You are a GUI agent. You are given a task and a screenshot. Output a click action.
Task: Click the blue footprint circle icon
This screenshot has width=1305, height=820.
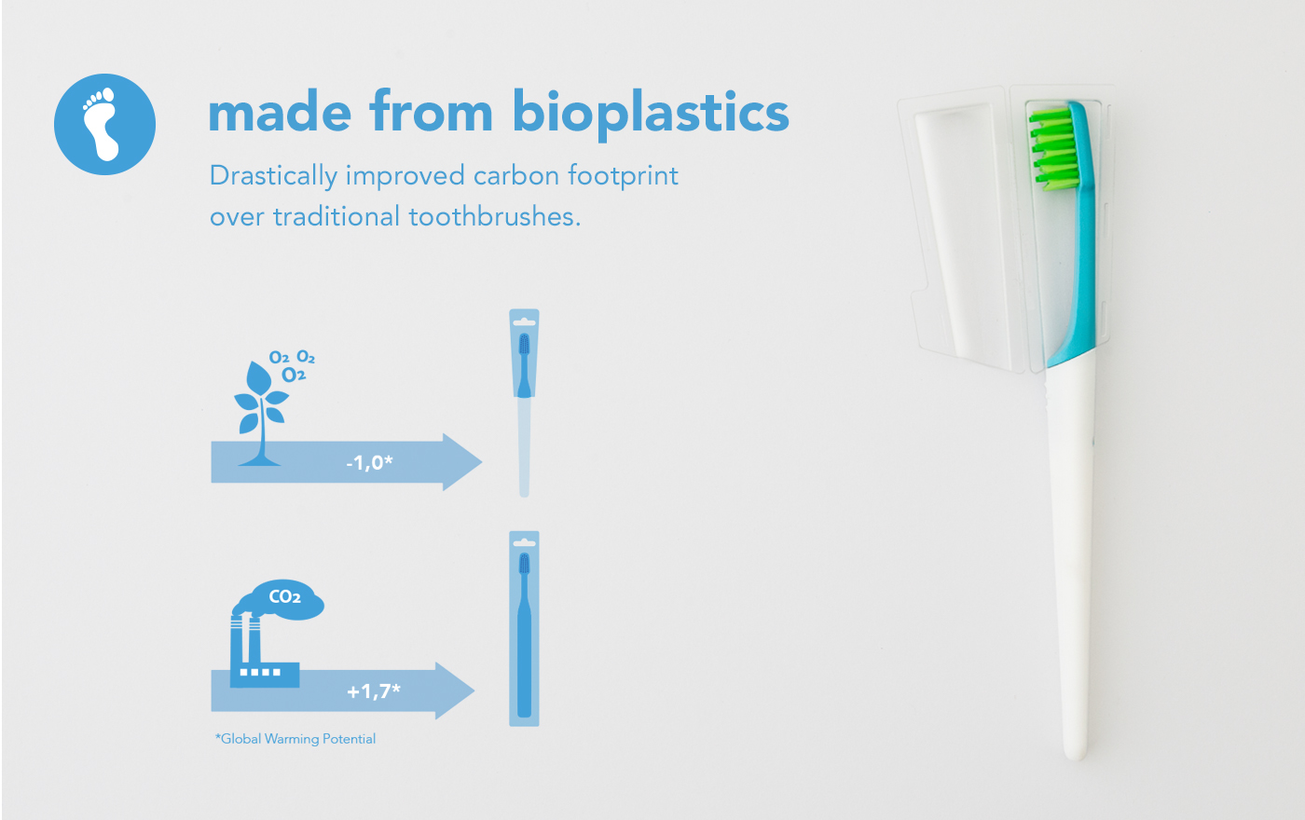(x=104, y=124)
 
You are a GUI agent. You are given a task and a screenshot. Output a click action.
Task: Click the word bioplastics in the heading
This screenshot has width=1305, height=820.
(x=651, y=114)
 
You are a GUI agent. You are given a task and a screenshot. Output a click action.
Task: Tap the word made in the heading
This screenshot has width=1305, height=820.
(x=280, y=112)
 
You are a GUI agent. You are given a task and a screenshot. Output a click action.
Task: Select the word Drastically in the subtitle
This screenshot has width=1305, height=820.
(x=272, y=176)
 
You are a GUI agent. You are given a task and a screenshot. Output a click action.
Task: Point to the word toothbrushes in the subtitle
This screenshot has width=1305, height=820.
(x=494, y=217)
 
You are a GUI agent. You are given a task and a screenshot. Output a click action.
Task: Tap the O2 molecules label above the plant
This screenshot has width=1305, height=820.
(x=293, y=366)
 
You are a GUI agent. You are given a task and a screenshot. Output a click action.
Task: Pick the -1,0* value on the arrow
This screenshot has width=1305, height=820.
(x=369, y=462)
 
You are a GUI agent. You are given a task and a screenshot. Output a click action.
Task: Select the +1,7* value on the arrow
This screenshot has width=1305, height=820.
(x=373, y=691)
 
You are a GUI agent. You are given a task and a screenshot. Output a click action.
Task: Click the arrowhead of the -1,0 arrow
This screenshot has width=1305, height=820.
(x=461, y=462)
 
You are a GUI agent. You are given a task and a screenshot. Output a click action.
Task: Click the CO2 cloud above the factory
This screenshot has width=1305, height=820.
(x=284, y=598)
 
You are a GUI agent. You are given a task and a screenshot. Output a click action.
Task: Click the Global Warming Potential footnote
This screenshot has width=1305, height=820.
(x=295, y=739)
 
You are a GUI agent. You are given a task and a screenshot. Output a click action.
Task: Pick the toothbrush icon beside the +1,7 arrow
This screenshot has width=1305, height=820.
(x=524, y=629)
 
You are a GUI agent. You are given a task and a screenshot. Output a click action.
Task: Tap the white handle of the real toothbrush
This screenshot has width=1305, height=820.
(x=1072, y=559)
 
